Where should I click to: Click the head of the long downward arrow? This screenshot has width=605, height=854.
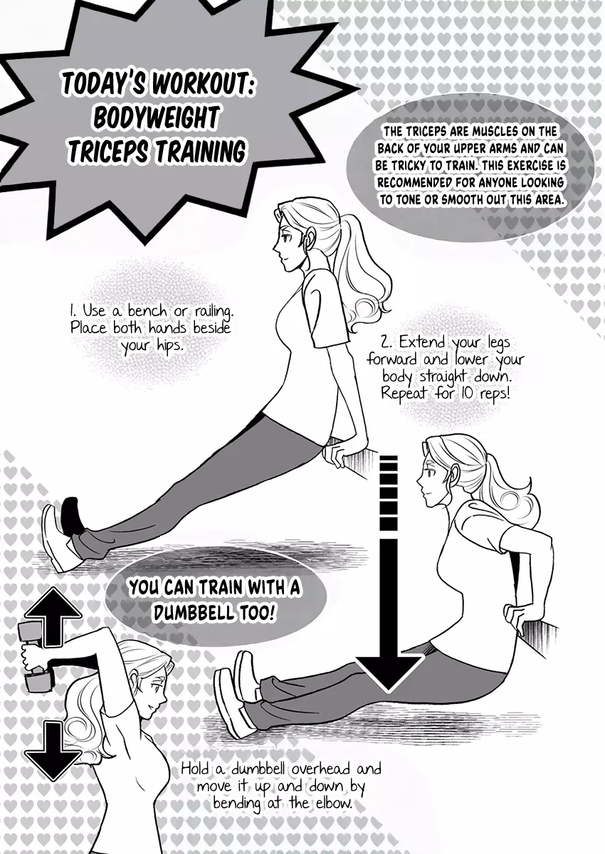pos(388,671)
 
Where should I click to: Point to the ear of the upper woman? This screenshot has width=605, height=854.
pos(309,239)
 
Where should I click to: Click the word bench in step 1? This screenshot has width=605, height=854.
pos(147,311)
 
